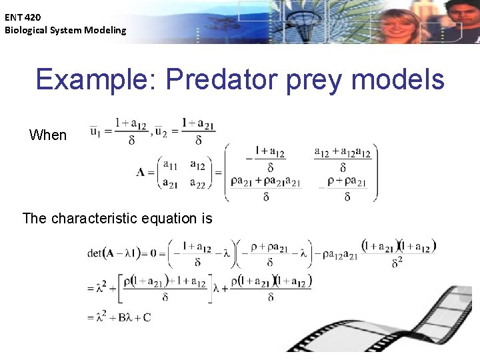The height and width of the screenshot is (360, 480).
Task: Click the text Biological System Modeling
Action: (65, 30)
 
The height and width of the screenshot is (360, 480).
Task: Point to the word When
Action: (48, 135)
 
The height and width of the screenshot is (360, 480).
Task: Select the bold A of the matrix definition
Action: (141, 173)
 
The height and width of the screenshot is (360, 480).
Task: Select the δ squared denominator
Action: (397, 263)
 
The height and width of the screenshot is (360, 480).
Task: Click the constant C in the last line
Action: (147, 317)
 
